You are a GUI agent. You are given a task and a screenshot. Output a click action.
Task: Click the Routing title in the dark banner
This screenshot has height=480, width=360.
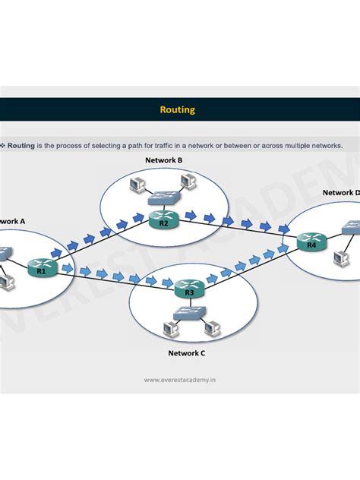(177, 109)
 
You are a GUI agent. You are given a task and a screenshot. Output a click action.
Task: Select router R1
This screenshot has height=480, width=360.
(42, 267)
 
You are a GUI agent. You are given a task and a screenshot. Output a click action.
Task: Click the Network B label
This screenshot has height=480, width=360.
(163, 160)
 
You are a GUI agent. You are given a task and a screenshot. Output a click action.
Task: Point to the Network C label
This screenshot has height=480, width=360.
(186, 353)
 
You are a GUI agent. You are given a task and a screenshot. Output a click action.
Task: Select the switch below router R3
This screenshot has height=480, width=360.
(188, 312)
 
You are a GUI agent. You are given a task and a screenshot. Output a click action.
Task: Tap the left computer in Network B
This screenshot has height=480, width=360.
(137, 185)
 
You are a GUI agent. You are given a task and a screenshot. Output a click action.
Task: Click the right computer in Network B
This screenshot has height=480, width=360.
(187, 181)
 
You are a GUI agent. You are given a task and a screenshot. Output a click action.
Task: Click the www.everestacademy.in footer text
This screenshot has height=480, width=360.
(179, 380)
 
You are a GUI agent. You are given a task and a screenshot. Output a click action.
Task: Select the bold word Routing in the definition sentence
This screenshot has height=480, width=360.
(21, 144)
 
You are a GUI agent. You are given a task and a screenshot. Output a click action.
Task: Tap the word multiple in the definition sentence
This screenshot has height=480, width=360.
(302, 144)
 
